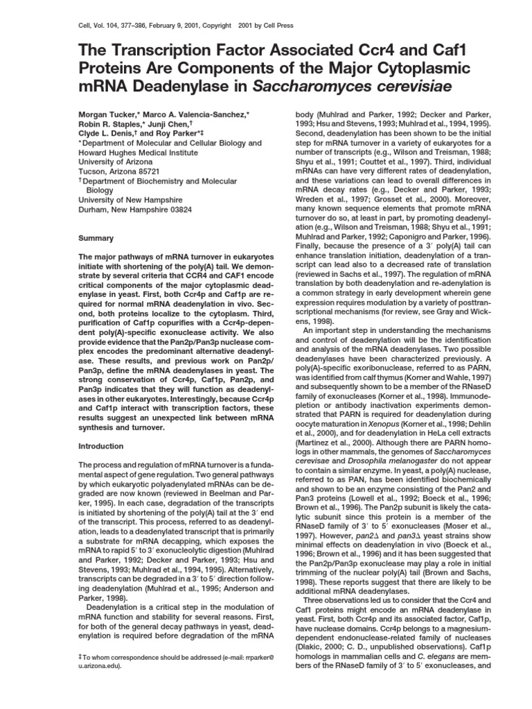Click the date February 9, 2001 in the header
pyautogui.click(x=163, y=26)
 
